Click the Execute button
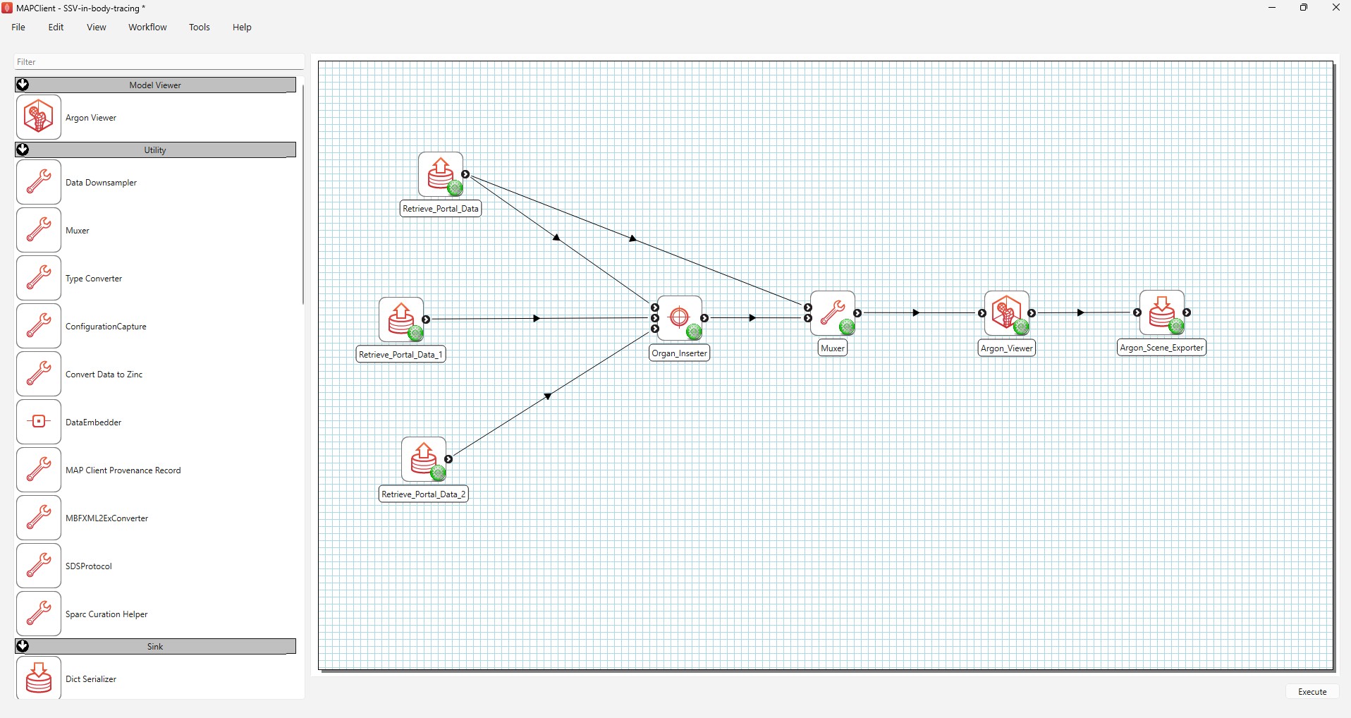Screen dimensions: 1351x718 point(1312,692)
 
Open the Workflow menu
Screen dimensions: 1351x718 point(147,28)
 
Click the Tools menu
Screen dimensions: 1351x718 point(200,28)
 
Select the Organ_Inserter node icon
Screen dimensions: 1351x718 point(680,318)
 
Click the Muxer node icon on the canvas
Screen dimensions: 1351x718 point(833,313)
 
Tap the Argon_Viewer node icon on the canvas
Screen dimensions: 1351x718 point(1007,313)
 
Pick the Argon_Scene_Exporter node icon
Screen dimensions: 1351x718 point(1162,312)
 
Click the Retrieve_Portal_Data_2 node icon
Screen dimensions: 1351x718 point(424,459)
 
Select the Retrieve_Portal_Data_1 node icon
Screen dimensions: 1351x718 point(401,320)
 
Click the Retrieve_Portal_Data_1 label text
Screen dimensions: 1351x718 point(401,354)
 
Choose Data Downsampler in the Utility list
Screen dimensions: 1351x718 point(101,183)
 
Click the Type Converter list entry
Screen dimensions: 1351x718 point(94,279)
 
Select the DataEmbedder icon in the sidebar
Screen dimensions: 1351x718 point(39,422)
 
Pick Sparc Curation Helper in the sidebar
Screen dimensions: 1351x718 point(106,614)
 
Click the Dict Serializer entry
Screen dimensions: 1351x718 point(91,679)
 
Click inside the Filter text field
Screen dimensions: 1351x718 point(159,62)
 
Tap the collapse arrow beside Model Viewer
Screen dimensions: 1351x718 point(23,85)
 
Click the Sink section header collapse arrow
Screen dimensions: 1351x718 point(23,646)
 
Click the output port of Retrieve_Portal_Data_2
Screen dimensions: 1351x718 point(448,459)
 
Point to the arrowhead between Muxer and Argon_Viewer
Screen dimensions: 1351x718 point(916,312)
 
